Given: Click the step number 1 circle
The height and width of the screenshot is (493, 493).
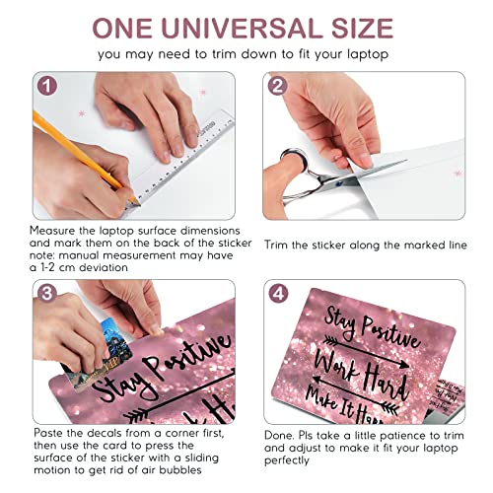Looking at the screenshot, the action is click(47, 86).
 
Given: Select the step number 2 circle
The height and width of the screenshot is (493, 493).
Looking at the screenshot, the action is click(277, 86).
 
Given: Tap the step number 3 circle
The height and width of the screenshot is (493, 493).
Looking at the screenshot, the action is click(47, 293).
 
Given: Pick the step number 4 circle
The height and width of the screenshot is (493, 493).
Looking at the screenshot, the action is click(278, 294).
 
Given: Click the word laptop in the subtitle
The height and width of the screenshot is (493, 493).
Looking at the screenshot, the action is click(368, 54).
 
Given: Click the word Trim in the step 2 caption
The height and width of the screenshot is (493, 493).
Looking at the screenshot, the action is click(275, 245).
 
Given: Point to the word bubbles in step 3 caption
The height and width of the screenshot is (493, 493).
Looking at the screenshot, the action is click(180, 470).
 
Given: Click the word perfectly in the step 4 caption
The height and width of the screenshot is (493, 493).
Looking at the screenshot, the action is click(287, 460).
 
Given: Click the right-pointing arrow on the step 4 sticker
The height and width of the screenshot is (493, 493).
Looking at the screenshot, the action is click(367, 352).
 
